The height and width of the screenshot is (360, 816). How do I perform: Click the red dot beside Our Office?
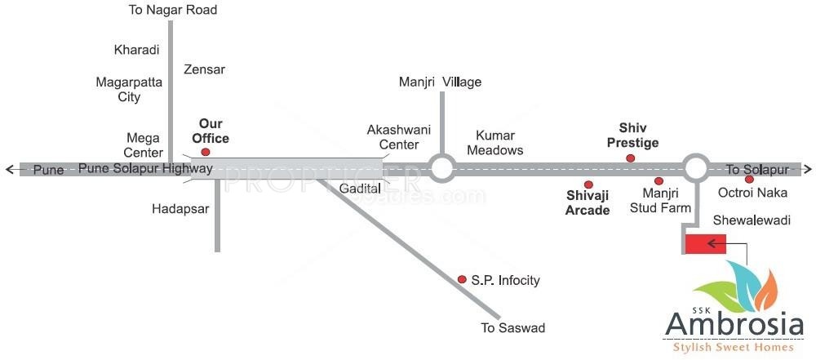206,152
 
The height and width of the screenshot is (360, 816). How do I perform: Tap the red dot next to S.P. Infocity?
462,279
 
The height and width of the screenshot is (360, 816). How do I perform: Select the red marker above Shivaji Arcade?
588,184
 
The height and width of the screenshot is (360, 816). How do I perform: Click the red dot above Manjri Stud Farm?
659,181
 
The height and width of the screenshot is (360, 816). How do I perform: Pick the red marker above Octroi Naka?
749,180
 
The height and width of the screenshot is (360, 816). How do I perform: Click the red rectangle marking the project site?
705,243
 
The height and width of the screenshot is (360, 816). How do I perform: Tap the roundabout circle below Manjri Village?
441,169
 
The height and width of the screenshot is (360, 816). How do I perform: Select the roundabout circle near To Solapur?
696,168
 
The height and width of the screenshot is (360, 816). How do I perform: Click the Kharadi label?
135,50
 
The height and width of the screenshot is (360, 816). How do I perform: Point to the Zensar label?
205,69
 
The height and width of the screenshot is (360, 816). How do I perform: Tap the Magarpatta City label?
129,90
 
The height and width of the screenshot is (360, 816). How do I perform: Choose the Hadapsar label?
180,209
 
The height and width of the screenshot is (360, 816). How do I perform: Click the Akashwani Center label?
392,137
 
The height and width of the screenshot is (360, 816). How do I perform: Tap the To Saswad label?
512,329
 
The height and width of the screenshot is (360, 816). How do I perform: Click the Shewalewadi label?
747,220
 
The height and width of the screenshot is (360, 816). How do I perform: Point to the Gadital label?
361,189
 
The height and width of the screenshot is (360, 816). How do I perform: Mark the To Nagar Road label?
173,11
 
